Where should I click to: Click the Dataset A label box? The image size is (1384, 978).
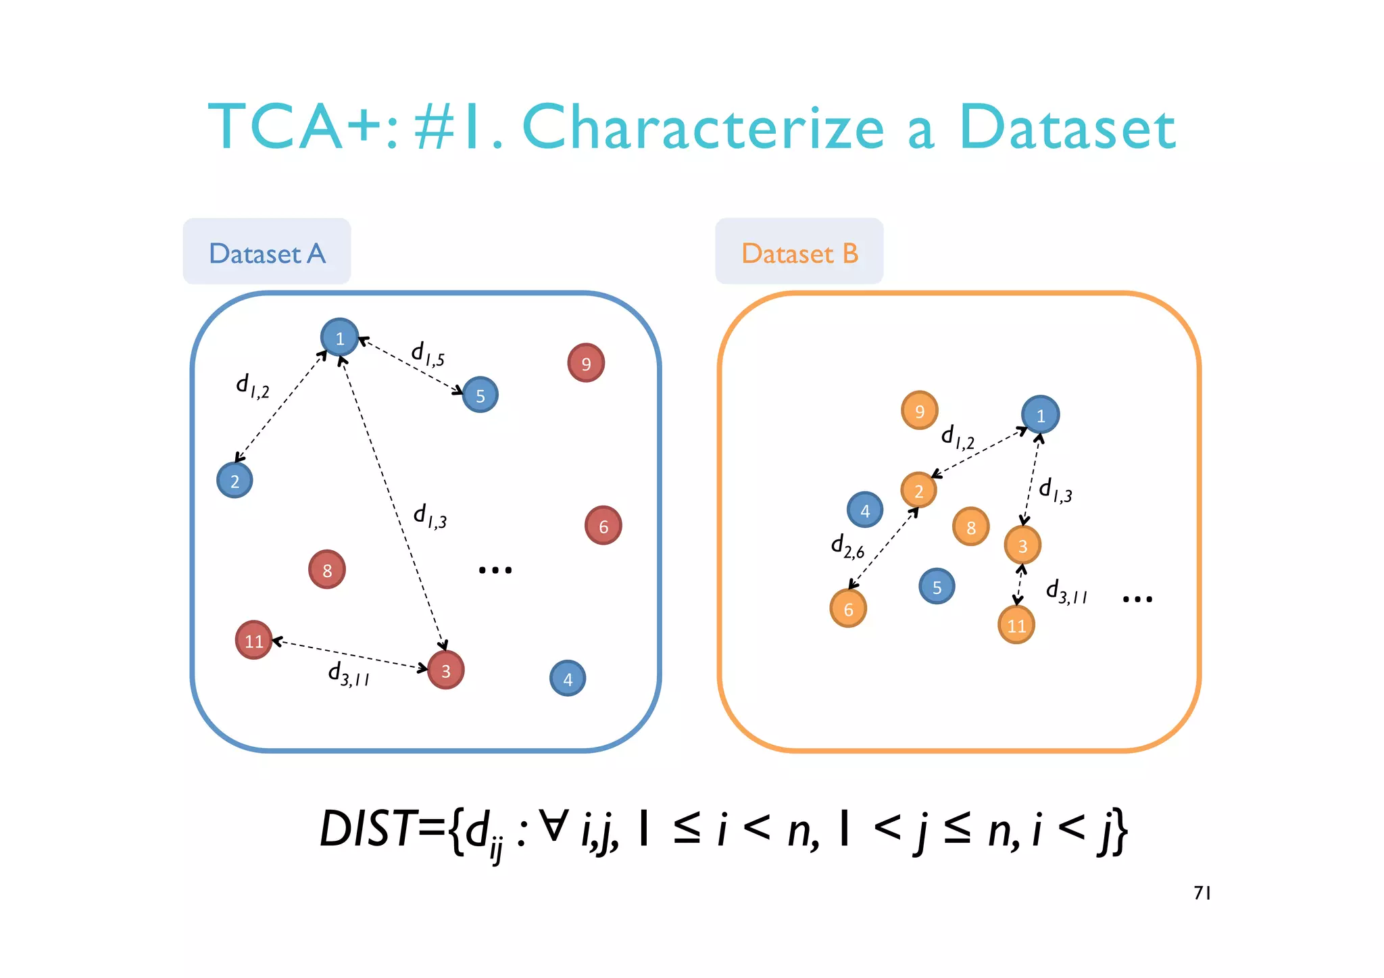coord(267,251)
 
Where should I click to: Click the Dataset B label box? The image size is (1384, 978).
coord(799,251)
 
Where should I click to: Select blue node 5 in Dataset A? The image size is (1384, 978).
coord(480,395)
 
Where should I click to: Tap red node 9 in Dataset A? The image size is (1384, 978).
coord(586,363)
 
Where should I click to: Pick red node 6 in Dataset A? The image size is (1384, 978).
coord(603,526)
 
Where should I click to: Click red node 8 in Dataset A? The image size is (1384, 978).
coord(327,570)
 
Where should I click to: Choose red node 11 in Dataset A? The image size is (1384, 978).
coord(254,640)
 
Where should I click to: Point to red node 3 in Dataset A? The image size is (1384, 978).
coord(446,670)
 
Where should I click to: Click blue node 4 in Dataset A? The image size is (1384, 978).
coord(568,679)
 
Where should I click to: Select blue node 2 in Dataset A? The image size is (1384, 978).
coord(234,481)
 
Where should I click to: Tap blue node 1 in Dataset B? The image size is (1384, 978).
coord(1040,415)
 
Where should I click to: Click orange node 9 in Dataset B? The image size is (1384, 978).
coord(919,411)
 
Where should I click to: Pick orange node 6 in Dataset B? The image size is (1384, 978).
coord(848,608)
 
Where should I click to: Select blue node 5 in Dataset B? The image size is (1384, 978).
coord(937,587)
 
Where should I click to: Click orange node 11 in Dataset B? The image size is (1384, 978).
coord(1016,625)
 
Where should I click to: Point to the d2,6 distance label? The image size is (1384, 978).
coord(847,546)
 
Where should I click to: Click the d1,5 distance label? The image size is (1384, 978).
coord(428,353)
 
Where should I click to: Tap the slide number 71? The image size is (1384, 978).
coord(1202,894)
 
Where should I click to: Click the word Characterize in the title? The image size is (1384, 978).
coord(703,128)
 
